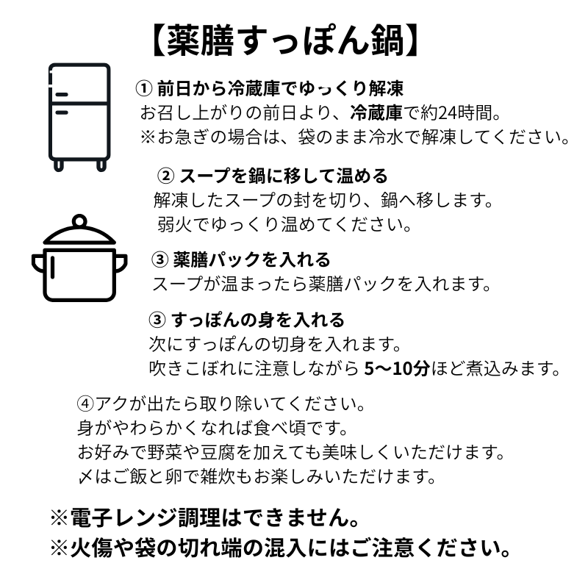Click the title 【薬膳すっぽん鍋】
pyautogui.click(x=286, y=41)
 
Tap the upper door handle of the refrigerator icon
pyautogui.click(x=62, y=95)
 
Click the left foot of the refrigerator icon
pyautogui.click(x=59, y=165)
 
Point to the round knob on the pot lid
pyautogui.click(x=79, y=221)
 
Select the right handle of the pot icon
pyautogui.click(x=121, y=264)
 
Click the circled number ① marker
pyautogui.click(x=143, y=88)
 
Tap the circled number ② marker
pyautogui.click(x=165, y=176)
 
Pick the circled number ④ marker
pyautogui.click(x=85, y=404)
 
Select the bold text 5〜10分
pyautogui.click(x=397, y=369)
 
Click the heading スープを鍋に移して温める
pyautogui.click(x=284, y=176)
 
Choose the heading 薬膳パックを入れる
pyautogui.click(x=251, y=259)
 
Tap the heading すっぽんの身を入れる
pyautogui.click(x=258, y=320)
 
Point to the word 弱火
pyautogui.click(x=174, y=224)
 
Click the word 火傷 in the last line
pyautogui.click(x=91, y=548)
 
